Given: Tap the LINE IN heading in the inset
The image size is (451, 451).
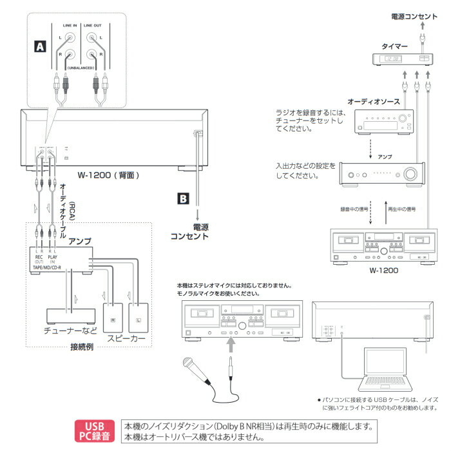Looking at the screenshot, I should point(70,25).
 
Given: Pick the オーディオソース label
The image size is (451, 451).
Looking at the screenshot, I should point(374,102).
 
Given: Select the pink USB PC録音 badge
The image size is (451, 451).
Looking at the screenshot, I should point(97,431).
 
